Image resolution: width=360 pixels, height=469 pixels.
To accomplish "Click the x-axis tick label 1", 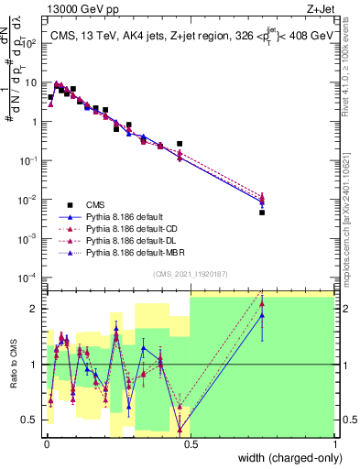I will (x=334, y=446).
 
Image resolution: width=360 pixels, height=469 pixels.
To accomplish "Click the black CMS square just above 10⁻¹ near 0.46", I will (x=180, y=144).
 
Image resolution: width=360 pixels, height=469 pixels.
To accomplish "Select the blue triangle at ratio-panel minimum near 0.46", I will (x=180, y=428).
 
